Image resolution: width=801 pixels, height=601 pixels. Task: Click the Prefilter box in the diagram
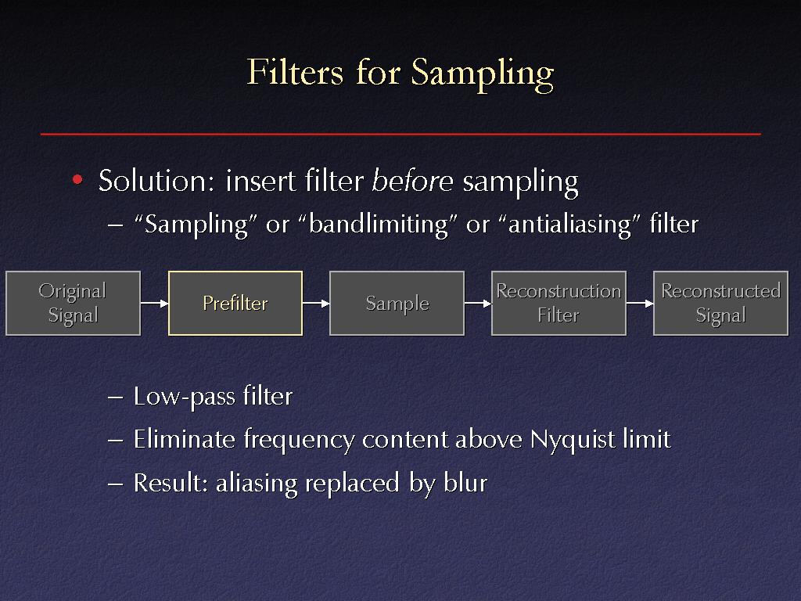[235, 303]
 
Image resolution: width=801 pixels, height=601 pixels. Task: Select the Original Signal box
[73, 303]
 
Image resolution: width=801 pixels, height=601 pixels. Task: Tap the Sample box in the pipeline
[397, 303]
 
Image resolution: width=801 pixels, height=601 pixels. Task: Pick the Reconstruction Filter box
[559, 303]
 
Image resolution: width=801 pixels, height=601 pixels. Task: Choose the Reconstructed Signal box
[720, 303]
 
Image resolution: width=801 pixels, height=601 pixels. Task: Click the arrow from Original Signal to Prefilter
[154, 303]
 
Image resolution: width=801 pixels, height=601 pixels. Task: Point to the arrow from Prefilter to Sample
[316, 303]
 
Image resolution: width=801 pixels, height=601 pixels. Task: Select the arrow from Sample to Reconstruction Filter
[478, 303]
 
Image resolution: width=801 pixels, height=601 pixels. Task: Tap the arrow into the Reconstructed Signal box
[640, 303]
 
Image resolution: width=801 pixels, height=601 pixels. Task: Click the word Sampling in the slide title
[483, 74]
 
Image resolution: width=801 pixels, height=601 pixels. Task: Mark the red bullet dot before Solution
[77, 179]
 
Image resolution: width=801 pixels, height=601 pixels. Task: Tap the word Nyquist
[573, 440]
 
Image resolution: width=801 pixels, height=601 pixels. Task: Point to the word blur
[465, 482]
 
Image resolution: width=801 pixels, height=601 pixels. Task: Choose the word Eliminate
[184, 439]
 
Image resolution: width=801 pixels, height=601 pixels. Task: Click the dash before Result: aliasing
[116, 484]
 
